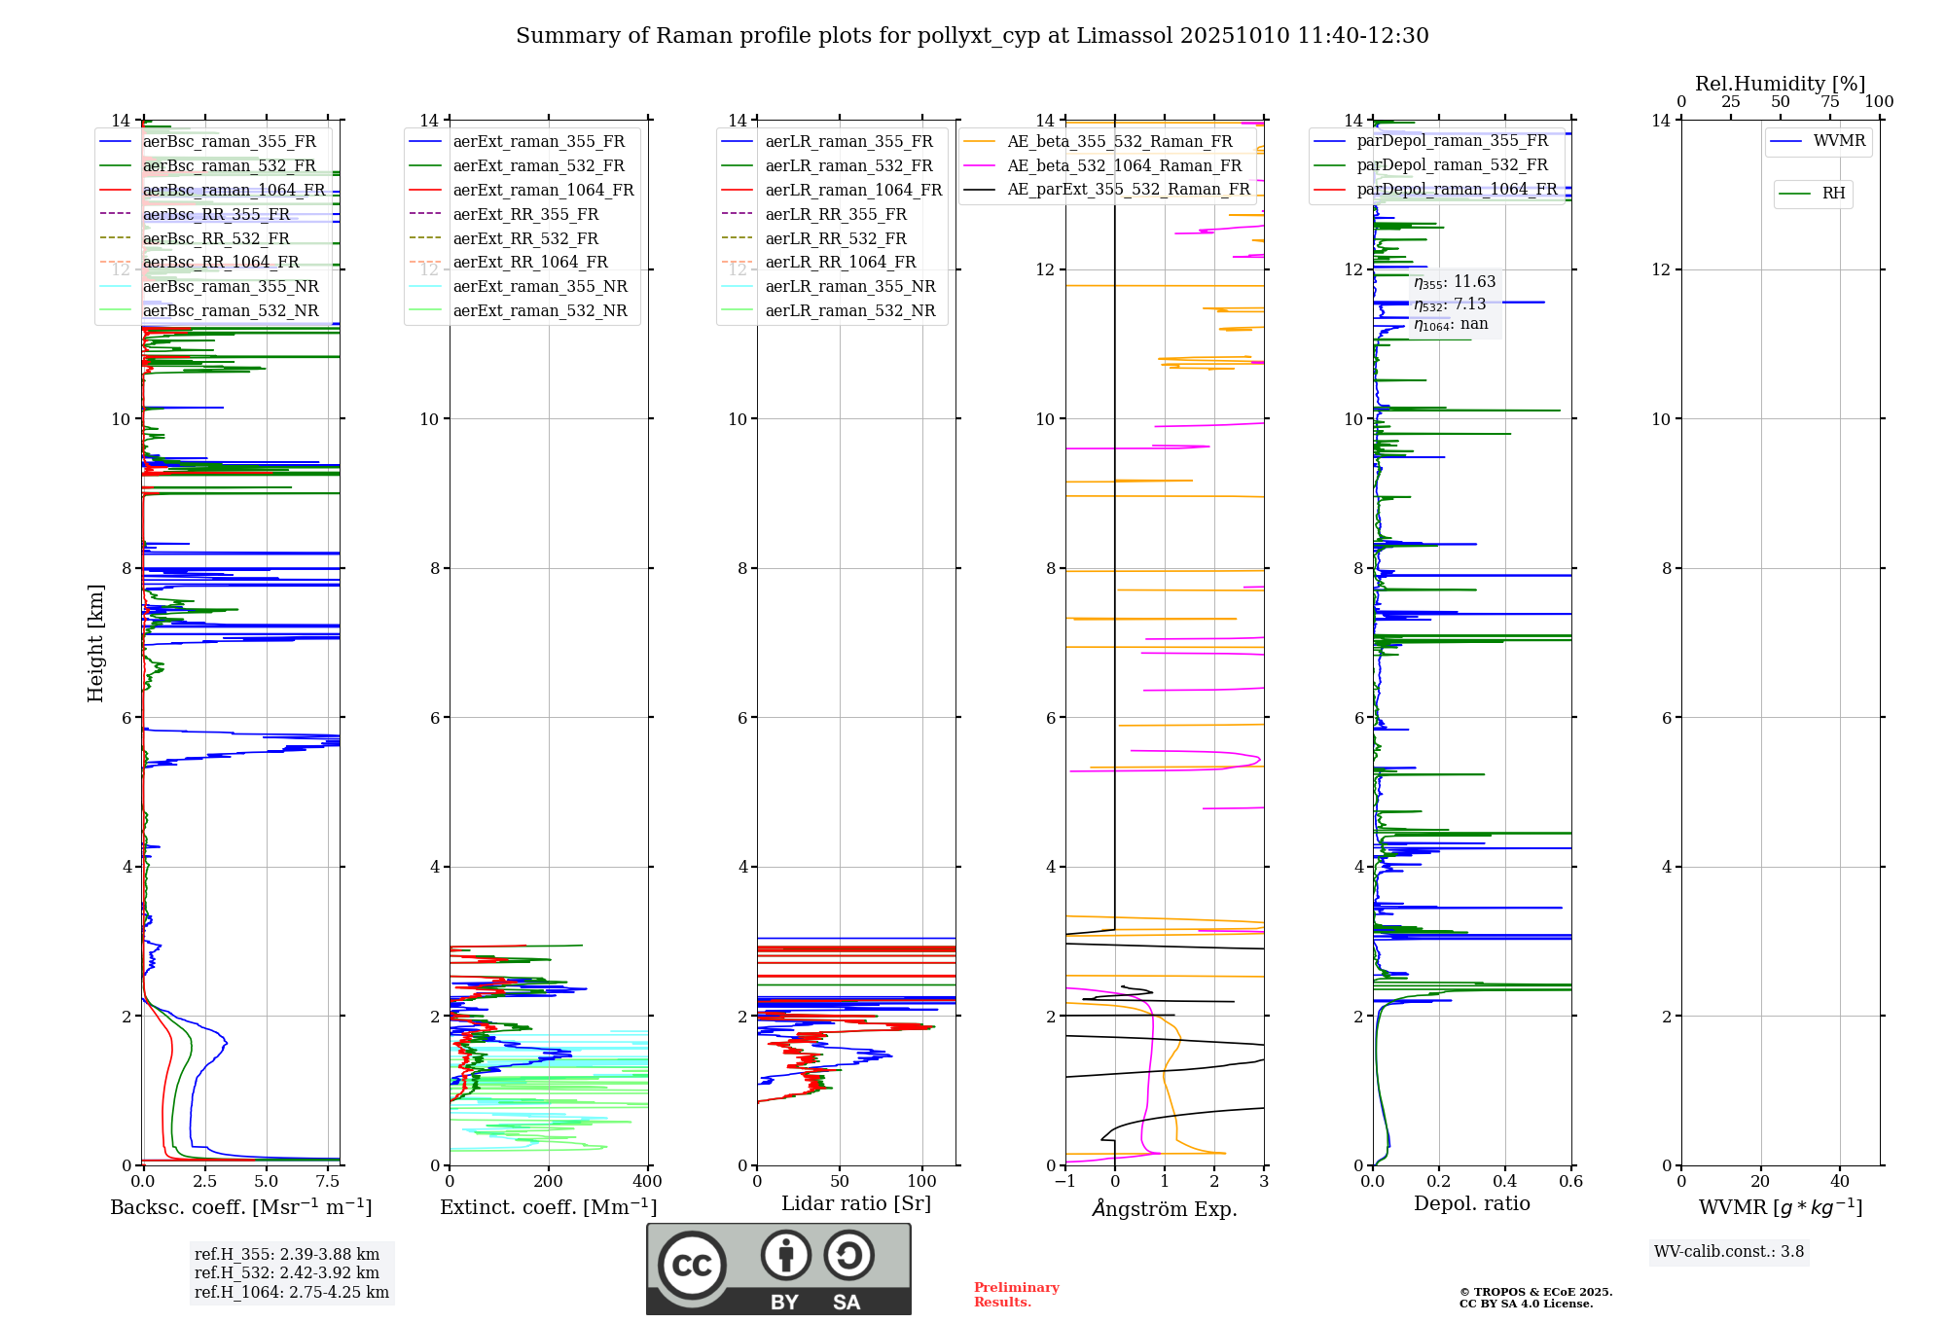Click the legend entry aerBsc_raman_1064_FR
pos(234,190)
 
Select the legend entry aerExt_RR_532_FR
pos(525,238)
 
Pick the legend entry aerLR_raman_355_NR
pos(849,286)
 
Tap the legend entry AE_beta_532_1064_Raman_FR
pos(1124,165)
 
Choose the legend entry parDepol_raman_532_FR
pos(1452,165)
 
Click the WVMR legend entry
pos(1839,141)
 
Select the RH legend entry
pos(1833,194)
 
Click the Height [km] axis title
pos(95,643)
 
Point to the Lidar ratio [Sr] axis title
pos(855,1203)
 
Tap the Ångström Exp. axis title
pos(1165,1209)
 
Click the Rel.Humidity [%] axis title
pos(1780,84)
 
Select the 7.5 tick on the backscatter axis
pos(328,1182)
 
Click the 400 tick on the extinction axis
pos(647,1182)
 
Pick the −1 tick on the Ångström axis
pos(1065,1182)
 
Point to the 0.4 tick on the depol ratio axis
pos(1505,1182)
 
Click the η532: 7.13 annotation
pos(1450,304)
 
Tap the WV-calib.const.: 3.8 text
pos(1728,1252)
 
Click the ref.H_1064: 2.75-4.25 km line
pos(291,1293)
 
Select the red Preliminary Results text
pos(1016,1295)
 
